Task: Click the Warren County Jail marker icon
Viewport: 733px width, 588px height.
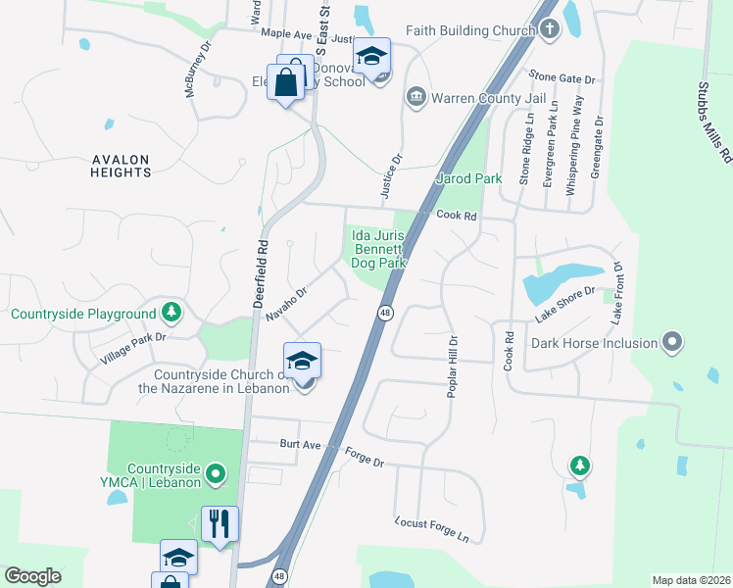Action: (x=415, y=98)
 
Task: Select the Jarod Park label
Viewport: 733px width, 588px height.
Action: (x=468, y=179)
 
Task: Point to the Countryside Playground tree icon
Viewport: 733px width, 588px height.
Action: (x=172, y=313)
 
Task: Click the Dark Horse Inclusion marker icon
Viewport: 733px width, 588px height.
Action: (x=671, y=343)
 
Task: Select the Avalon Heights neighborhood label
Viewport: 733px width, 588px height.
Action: (x=122, y=166)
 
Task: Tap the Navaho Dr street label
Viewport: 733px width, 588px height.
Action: (x=286, y=303)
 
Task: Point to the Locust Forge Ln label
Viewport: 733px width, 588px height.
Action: (x=432, y=530)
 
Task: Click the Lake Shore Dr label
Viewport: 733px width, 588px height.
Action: (x=565, y=305)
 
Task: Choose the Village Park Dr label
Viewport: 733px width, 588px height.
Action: (x=134, y=349)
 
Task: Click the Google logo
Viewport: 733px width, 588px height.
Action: (x=32, y=576)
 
